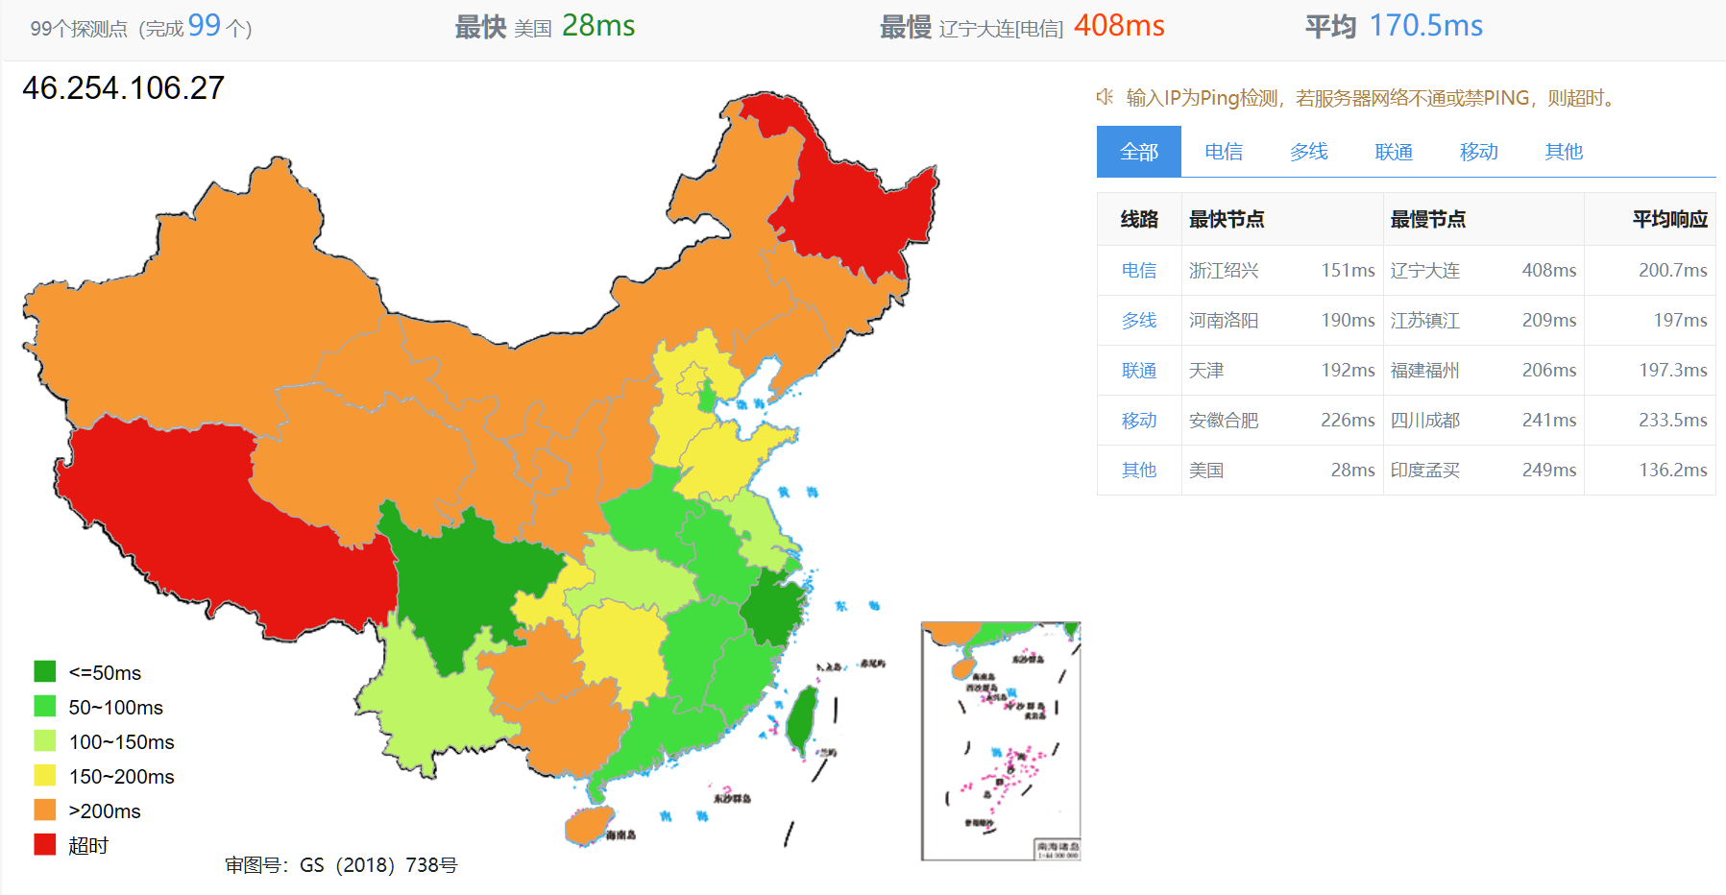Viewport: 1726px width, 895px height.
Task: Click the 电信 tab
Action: [x=1223, y=152]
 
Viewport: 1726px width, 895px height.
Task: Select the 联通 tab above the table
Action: [x=1393, y=152]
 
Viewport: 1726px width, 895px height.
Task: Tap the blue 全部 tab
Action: [x=1138, y=152]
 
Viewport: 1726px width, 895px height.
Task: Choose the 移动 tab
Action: [x=1478, y=152]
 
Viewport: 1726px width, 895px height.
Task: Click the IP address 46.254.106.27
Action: [x=123, y=88]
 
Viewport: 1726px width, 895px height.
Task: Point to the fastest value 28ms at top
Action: [x=597, y=26]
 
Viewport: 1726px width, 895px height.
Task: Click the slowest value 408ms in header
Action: [x=1119, y=26]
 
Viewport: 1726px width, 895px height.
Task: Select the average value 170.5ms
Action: [x=1425, y=26]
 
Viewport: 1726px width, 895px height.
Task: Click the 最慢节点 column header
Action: [x=1427, y=220]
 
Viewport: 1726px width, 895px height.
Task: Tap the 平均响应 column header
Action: [x=1669, y=220]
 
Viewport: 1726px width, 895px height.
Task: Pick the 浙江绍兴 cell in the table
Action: [x=1223, y=271]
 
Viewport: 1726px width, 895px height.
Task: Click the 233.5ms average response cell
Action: [x=1672, y=421]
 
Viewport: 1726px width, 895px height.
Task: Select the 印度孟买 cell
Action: [x=1424, y=471]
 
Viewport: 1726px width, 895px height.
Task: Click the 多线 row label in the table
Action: [x=1138, y=321]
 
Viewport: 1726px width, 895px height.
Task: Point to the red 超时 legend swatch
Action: [x=45, y=845]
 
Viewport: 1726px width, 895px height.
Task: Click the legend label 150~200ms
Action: [x=121, y=777]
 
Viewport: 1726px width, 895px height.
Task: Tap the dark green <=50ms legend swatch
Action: [x=45, y=672]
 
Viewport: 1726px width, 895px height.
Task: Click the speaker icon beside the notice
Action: [x=1106, y=97]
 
